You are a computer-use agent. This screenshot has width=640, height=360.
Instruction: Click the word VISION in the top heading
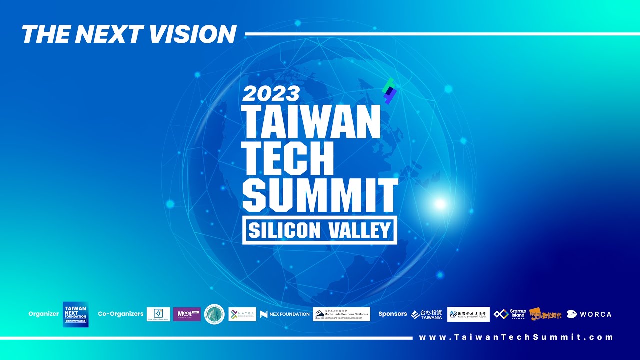point(192,34)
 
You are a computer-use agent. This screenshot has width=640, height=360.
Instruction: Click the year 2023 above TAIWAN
point(271,93)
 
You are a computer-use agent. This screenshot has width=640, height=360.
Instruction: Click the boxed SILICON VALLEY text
point(320,230)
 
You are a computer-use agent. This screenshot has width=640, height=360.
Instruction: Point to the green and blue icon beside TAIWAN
point(389,91)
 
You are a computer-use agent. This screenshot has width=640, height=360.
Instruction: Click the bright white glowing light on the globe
point(440,203)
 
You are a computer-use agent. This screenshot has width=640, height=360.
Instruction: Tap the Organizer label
point(43,314)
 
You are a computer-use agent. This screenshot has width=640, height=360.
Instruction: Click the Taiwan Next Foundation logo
point(75,314)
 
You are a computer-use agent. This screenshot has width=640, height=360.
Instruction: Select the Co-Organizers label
point(121,314)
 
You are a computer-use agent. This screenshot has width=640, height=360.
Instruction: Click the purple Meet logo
point(187,314)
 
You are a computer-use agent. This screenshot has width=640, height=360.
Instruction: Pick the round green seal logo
point(214,314)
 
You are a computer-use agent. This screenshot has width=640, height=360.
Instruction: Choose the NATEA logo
point(242,314)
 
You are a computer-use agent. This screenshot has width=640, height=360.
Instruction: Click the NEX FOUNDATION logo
point(285,314)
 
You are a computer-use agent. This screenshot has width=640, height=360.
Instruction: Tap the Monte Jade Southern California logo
point(341,314)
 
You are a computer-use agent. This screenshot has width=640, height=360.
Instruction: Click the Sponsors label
point(393,314)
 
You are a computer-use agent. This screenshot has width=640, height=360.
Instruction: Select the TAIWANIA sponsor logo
point(426,314)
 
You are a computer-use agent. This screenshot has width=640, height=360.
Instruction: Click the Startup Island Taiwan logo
point(510,314)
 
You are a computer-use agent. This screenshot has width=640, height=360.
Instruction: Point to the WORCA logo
point(589,314)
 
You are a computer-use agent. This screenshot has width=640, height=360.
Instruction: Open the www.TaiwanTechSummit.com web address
point(516,337)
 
